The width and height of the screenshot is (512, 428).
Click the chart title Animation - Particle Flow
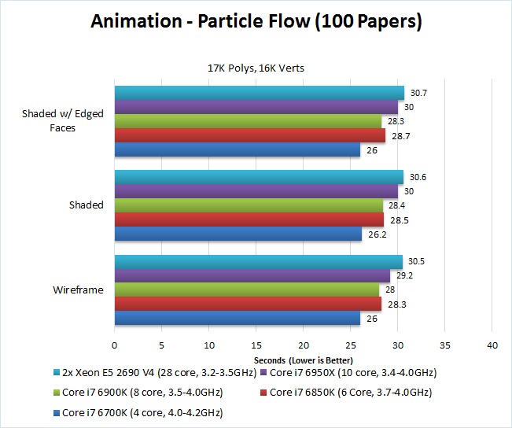coord(256,22)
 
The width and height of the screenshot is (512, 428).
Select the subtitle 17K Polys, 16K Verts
coord(256,68)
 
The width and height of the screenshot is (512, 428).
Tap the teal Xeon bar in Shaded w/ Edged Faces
coord(260,93)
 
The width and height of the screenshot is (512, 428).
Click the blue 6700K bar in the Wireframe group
coord(238,319)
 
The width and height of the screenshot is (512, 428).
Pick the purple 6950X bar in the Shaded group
coord(256,191)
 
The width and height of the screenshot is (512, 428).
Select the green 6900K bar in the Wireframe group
coord(247,290)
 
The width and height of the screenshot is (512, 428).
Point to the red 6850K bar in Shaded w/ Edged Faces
coord(250,135)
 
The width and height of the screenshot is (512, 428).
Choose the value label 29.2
coord(404,276)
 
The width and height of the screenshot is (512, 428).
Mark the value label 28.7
coord(400,136)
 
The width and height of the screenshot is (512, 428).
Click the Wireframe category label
coord(78,290)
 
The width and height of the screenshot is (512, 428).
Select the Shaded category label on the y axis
coord(87,205)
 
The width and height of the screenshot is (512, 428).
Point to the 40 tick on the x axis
coord(493,345)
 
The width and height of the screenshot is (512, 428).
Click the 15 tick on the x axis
coord(256,345)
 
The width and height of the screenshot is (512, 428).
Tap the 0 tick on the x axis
coord(115,345)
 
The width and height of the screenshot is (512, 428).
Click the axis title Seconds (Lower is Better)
coord(303,359)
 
